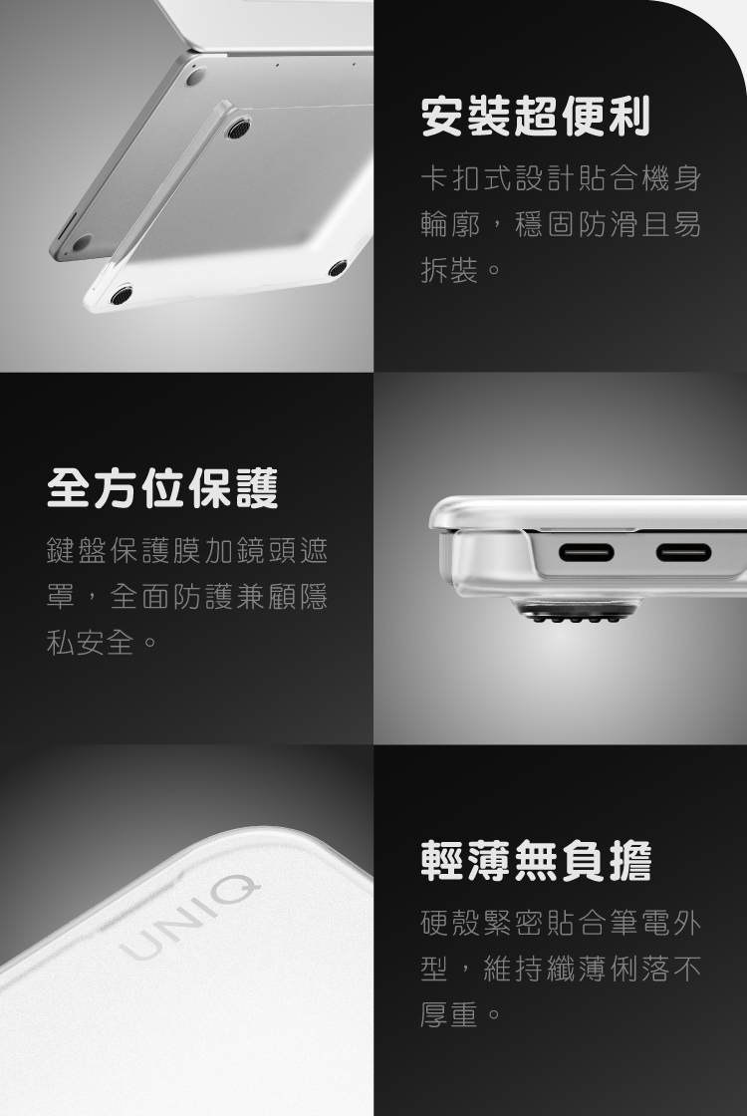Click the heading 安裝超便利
coord(536,117)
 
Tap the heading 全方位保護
coord(162,488)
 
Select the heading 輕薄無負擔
coord(536,861)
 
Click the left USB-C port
coord(587,552)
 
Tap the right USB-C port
coord(683,552)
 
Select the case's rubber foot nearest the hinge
coord(237,128)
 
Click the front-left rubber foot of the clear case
coord(122,295)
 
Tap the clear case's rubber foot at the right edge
coord(338,268)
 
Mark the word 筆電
coord(640,923)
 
